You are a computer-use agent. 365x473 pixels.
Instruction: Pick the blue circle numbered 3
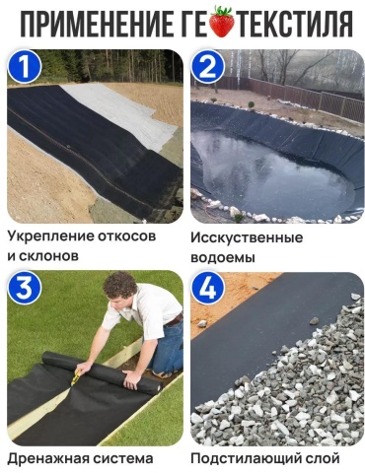point(25,290)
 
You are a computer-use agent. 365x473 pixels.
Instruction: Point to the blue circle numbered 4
point(208,290)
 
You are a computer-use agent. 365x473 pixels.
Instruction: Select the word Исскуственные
point(247,237)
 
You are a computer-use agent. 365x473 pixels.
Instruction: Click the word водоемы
point(223,257)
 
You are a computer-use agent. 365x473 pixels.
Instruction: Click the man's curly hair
point(120,285)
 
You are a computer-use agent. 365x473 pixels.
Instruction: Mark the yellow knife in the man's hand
point(75,377)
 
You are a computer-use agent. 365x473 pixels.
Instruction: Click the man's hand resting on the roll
point(132,378)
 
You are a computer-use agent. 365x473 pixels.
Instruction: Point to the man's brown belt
point(175,319)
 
